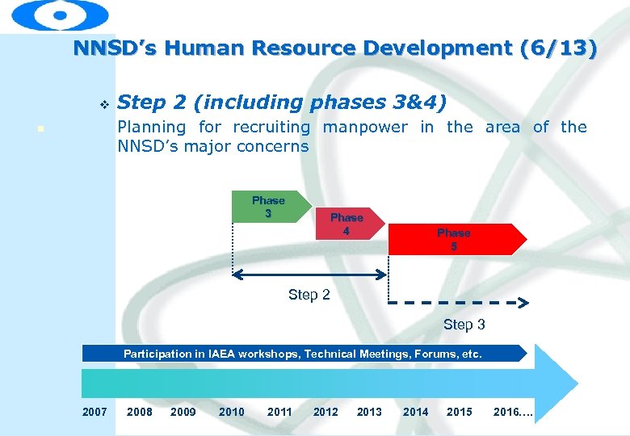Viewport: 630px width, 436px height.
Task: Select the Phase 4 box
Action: coord(346,224)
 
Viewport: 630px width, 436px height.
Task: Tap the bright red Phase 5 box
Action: coord(454,239)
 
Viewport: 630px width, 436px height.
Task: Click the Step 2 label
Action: coord(309,295)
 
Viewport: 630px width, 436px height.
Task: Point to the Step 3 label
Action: coord(464,325)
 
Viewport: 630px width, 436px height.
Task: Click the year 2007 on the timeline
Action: coord(94,412)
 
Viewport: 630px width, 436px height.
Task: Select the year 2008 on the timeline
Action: coord(140,412)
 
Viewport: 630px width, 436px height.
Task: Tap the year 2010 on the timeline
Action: coord(231,412)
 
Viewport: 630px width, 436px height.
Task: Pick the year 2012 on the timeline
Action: coord(325,412)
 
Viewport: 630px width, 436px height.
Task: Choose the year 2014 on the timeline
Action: coord(415,412)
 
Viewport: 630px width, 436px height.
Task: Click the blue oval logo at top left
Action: coord(61,15)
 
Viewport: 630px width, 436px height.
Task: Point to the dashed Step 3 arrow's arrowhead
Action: coord(523,304)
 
